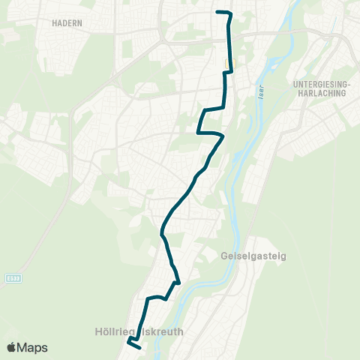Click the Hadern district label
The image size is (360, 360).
pos(67,23)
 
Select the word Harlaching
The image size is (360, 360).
pos(320,94)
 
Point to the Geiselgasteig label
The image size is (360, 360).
pos(254,256)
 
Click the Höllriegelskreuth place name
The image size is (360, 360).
pos(139,330)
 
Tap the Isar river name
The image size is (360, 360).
pos(261,94)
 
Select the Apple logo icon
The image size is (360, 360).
pos(12,348)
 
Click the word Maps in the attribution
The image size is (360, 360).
pos(33,348)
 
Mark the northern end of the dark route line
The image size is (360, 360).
pos(217,13)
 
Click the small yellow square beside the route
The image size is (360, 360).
pos(229,64)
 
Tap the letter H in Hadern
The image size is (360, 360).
pos(55,23)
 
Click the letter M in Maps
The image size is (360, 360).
pos(23,348)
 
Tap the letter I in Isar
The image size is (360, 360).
pos(261,88)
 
